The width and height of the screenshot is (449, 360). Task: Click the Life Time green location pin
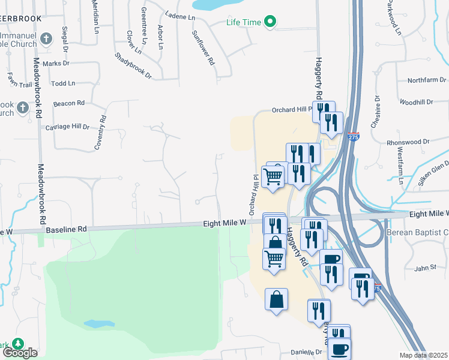click(x=270, y=23)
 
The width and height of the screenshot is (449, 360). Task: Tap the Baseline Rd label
click(x=66, y=229)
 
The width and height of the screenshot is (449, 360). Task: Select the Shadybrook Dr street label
click(x=133, y=65)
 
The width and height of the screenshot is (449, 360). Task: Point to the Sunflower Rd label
click(x=203, y=48)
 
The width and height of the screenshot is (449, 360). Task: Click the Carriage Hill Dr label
click(x=67, y=127)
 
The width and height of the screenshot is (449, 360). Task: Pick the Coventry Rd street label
click(x=99, y=133)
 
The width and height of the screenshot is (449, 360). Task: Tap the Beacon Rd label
click(x=69, y=103)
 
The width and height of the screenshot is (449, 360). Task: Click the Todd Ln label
click(x=63, y=83)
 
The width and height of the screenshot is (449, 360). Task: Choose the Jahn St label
click(x=424, y=268)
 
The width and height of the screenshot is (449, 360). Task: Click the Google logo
click(x=19, y=353)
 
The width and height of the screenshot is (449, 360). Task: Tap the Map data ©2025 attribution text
click(x=423, y=355)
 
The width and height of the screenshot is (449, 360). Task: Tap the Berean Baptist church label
click(x=427, y=232)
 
